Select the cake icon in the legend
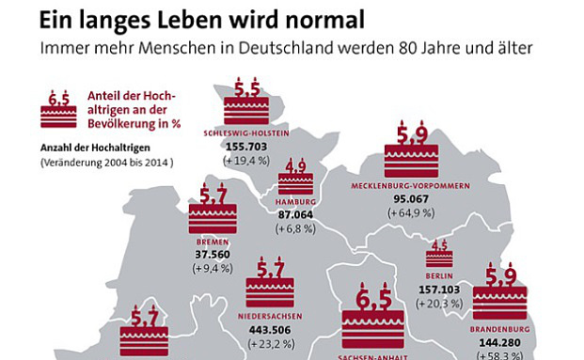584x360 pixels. click(58, 111)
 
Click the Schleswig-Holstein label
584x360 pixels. click(247, 133)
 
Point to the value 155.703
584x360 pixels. click(247, 148)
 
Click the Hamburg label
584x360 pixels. click(295, 202)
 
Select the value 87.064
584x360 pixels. click(295, 215)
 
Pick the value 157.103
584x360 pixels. click(439, 291)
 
